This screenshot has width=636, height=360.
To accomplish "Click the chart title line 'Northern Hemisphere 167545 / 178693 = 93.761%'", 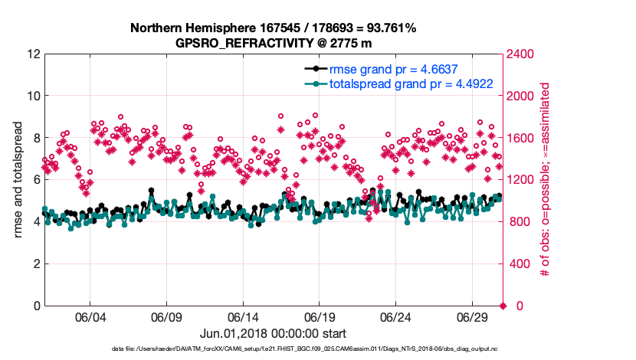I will click(x=273, y=28).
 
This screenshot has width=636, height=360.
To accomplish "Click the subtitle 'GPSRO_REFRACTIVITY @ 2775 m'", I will click(x=273, y=43).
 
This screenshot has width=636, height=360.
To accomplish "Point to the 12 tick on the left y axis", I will click(x=32, y=54).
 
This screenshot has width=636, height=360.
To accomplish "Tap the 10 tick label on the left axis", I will click(x=32, y=97).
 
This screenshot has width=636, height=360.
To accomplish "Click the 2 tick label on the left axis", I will click(x=35, y=264).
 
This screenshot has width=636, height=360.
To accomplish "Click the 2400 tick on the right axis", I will click(x=521, y=54).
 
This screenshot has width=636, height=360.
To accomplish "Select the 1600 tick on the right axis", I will click(x=521, y=139).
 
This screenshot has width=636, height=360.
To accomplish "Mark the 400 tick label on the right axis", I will click(x=519, y=264).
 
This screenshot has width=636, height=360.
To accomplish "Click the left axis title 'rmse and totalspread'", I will click(x=18, y=180).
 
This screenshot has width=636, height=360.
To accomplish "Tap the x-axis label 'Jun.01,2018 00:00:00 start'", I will click(x=273, y=334).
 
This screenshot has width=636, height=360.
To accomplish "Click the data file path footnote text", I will click(x=273, y=350).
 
